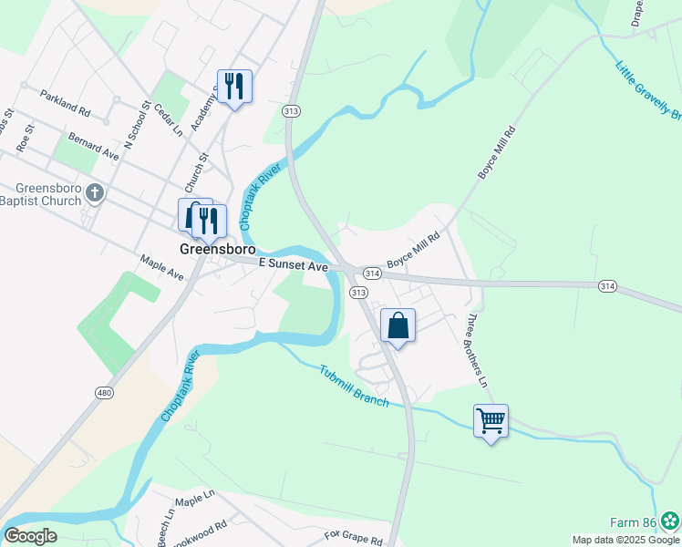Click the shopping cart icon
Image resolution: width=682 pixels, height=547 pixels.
(x=491, y=421)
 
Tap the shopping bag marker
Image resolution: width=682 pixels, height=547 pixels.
(x=398, y=325)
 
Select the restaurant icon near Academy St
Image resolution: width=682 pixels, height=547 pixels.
(x=234, y=87)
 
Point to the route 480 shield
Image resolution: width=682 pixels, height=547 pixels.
(x=105, y=392)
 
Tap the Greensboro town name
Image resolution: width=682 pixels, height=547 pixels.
(x=217, y=248)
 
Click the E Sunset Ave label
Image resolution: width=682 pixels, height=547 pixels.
(x=293, y=264)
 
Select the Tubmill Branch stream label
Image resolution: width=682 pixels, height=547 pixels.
(x=354, y=385)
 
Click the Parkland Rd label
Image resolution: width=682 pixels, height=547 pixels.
(x=67, y=103)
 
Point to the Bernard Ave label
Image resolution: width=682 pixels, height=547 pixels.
(x=94, y=146)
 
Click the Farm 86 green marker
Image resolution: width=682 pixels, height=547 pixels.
(x=670, y=521)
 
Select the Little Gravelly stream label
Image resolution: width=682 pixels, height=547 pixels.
(x=647, y=91)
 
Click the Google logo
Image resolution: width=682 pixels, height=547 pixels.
(x=30, y=536)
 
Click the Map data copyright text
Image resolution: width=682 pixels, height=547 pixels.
(x=625, y=540)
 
